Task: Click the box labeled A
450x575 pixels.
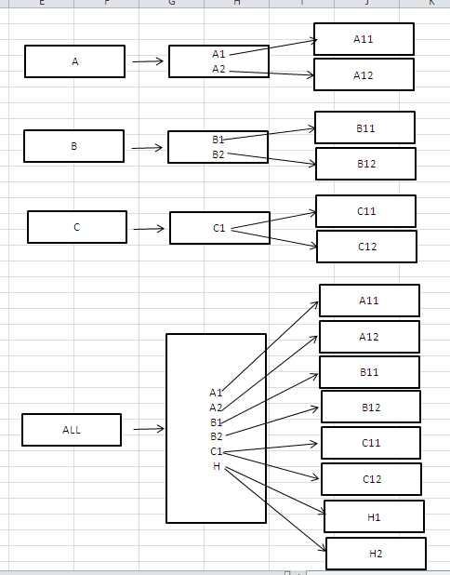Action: [x=74, y=61]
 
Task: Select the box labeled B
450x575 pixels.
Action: [x=74, y=146]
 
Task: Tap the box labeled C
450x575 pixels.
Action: [x=77, y=227]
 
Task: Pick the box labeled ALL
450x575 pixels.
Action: [x=72, y=430]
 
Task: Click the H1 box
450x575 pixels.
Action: [x=374, y=516]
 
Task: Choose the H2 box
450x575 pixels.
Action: [x=376, y=554]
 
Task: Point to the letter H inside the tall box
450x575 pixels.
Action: [x=217, y=466]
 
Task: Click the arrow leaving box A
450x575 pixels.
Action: [x=148, y=61]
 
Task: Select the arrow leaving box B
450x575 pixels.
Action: [x=147, y=148]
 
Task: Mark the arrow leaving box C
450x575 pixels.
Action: [x=149, y=229]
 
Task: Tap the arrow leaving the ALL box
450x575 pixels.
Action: [x=149, y=429]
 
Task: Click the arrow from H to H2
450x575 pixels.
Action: [x=275, y=510]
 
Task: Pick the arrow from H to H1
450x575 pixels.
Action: [x=275, y=490]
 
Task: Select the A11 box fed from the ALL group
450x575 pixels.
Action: [x=369, y=301]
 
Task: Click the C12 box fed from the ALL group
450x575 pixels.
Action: [x=372, y=479]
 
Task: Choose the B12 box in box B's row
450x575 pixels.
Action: [x=366, y=164]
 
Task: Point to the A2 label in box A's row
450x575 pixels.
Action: [x=218, y=69]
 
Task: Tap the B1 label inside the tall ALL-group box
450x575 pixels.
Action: [x=217, y=422]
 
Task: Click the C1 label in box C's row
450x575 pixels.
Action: [x=218, y=228]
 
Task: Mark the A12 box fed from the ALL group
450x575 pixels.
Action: [x=369, y=337]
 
